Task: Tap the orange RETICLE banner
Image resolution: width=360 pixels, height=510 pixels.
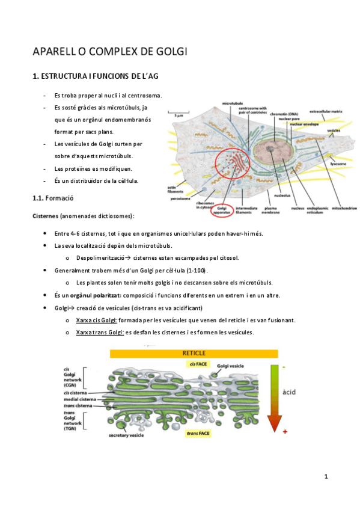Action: [193, 353]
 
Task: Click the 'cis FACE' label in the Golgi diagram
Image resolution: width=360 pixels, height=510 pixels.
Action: [199, 364]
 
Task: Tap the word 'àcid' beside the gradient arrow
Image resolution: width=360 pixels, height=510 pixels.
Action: [291, 392]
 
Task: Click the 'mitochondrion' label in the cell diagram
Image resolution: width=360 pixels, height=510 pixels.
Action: [341, 209]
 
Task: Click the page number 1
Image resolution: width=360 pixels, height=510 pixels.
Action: [326, 477]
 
